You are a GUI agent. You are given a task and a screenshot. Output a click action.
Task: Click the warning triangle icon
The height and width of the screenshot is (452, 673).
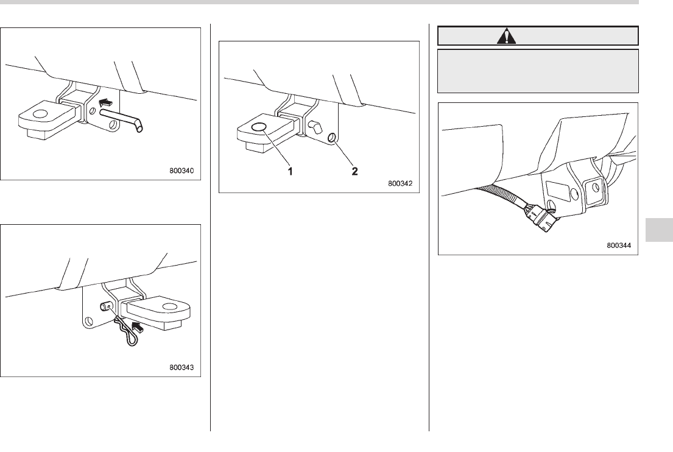point(506,36)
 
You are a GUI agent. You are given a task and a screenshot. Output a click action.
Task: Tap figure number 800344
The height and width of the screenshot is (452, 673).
point(618,246)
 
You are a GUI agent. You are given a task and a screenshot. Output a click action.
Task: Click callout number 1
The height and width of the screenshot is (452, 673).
point(291,172)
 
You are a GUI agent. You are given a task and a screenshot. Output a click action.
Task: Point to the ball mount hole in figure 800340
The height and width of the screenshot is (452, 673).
point(41,113)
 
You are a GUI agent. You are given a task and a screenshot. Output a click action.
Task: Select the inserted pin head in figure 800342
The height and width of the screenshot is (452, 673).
point(315,127)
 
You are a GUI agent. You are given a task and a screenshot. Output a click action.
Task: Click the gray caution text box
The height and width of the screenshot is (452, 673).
point(538,70)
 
